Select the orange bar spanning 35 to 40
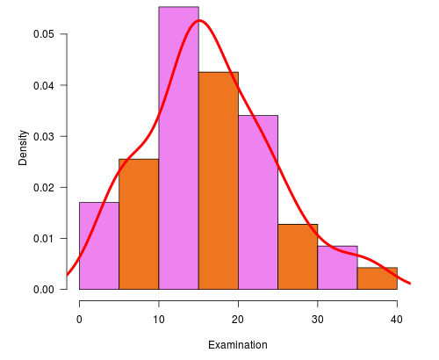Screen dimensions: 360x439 pyautogui.click(x=377, y=278)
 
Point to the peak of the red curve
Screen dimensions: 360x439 pyautogui.click(x=199, y=20)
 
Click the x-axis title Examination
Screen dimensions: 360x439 pyautogui.click(x=238, y=345)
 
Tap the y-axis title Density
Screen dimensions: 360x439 pyautogui.click(x=24, y=148)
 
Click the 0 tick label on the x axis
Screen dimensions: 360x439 pyautogui.click(x=80, y=318)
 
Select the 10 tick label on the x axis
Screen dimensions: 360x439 pyautogui.click(x=159, y=318)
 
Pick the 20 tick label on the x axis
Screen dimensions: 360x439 pyautogui.click(x=238, y=318)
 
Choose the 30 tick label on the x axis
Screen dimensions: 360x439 pyautogui.click(x=318, y=318)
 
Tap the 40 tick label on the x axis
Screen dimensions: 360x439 pyautogui.click(x=397, y=318)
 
